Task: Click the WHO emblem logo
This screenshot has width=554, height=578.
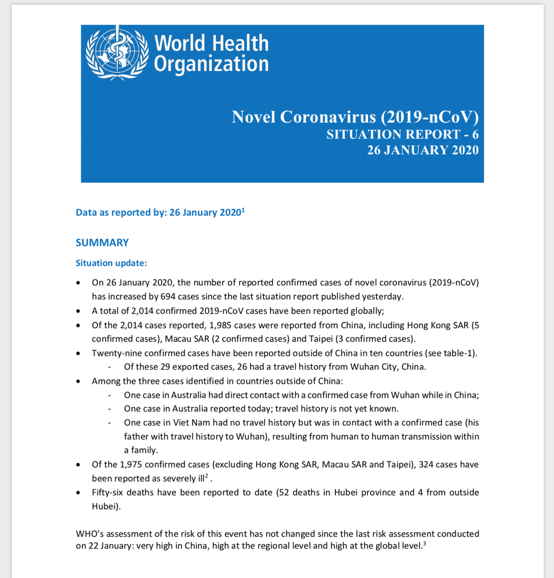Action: click(117, 52)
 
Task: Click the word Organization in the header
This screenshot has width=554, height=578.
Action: click(211, 64)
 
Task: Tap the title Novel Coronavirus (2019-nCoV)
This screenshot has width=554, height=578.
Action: click(355, 117)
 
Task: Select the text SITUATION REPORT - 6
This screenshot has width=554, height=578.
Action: click(403, 134)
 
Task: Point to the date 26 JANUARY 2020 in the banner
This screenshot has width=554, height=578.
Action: click(423, 150)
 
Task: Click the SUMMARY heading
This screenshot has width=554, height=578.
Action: click(102, 243)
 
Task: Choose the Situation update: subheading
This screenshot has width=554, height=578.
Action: click(111, 263)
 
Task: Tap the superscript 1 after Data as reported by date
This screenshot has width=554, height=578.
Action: click(243, 209)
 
